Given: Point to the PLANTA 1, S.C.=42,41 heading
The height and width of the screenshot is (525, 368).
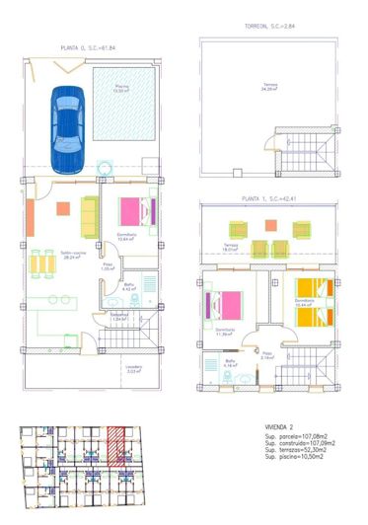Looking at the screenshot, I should (x=257, y=198).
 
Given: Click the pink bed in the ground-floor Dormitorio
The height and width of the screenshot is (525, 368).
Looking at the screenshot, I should (x=134, y=211).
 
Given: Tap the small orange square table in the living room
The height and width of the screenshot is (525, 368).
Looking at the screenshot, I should (x=63, y=208).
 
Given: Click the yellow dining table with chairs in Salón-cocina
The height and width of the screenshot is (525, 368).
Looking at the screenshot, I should (x=41, y=264).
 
